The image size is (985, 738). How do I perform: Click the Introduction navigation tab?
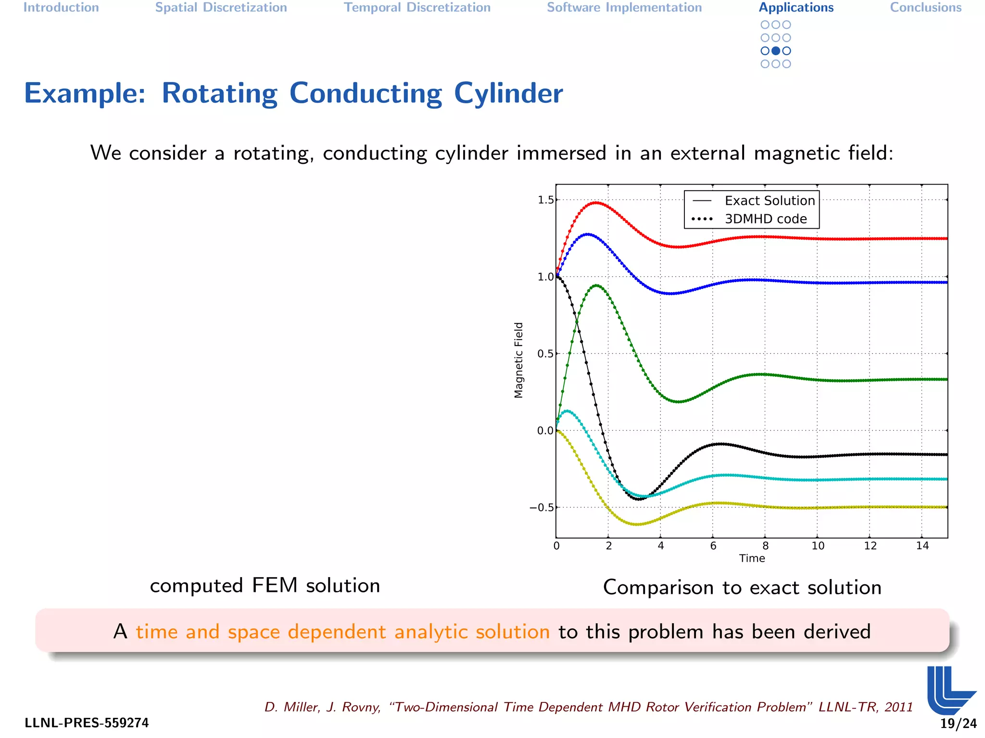61,8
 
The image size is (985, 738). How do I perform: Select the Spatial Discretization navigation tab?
221,8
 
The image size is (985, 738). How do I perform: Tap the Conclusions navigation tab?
925,8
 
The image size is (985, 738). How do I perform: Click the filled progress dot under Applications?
775,51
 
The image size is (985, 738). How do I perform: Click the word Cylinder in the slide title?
508,93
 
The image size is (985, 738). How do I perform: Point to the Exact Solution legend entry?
770,201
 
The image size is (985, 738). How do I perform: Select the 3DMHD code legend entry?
766,219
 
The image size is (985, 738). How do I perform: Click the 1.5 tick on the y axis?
545,200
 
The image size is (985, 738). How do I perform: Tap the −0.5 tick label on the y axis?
541,508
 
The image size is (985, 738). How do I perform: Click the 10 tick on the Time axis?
818,546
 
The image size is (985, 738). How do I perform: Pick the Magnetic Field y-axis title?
518,360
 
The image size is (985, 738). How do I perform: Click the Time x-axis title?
752,558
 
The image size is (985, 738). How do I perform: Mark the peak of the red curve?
596,203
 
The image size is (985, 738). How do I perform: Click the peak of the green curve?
596,286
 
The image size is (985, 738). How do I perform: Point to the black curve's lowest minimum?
639,499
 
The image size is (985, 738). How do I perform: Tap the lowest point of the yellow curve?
636,524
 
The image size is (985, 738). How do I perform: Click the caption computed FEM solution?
265,586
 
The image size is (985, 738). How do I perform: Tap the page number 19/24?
958,724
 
